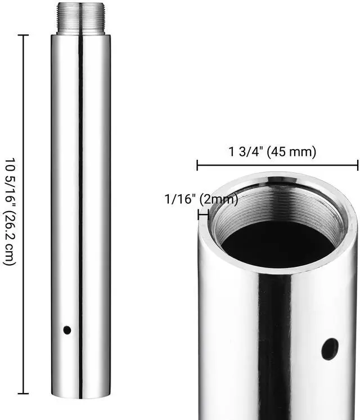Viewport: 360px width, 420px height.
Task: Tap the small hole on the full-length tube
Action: coord(67,330)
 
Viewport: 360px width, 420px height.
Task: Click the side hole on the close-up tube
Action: coord(330,349)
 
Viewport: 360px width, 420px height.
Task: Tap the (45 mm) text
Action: coord(291,151)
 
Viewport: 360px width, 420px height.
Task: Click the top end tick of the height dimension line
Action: coord(23,35)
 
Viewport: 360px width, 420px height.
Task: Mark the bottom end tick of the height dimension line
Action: coord(23,394)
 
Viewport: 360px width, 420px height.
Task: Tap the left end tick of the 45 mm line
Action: coord(197,165)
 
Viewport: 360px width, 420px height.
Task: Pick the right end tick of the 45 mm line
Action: coord(358,165)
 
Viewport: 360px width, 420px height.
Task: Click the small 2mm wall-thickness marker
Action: coord(203,215)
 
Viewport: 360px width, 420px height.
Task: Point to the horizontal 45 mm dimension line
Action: coord(277,165)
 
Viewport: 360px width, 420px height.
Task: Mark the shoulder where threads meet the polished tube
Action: coord(80,35)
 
